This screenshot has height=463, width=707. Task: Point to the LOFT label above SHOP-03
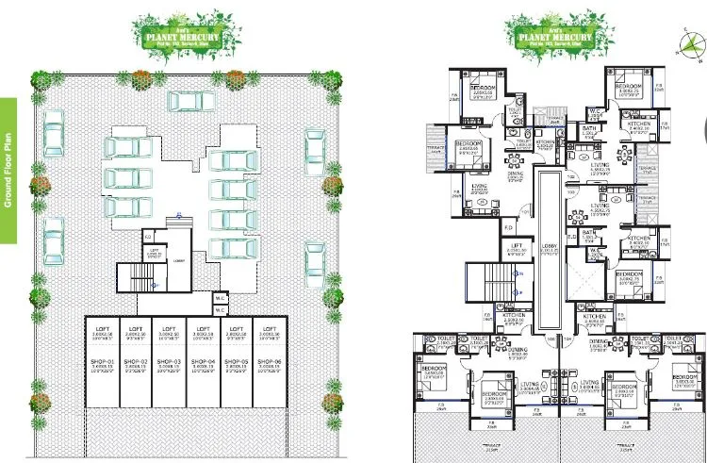pyautogui.click(x=169, y=328)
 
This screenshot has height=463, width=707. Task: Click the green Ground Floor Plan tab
pyautogui.click(x=8, y=171)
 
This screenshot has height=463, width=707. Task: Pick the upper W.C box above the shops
pyautogui.click(x=220, y=295)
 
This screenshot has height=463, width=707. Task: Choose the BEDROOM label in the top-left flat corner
pyautogui.click(x=483, y=87)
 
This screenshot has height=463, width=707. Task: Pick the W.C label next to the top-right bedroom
pyautogui.click(x=596, y=110)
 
